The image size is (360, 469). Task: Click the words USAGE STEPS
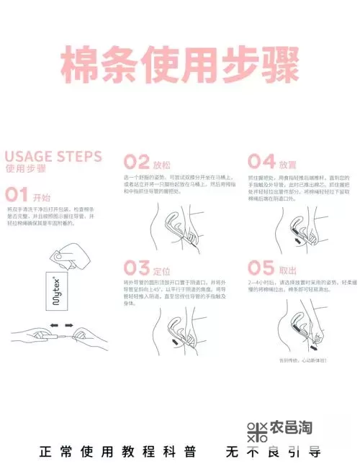[53, 156]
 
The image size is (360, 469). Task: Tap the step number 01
[17, 195]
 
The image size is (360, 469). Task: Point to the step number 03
[137, 270]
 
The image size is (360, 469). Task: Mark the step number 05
[261, 270]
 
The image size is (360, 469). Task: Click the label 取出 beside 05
[287, 272]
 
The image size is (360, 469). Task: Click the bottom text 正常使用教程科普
[114, 452]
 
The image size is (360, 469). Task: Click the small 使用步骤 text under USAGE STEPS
[24, 170]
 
